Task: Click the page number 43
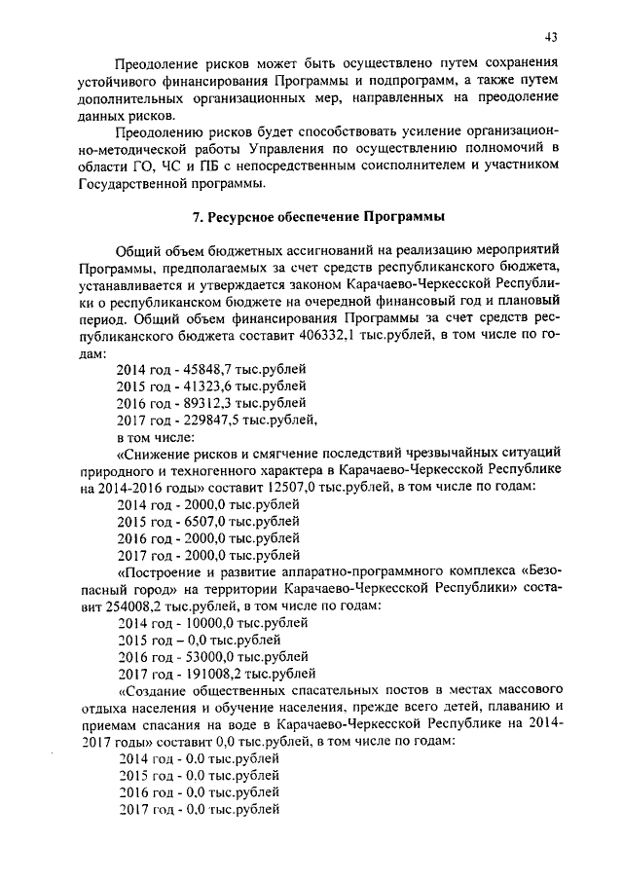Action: (x=552, y=37)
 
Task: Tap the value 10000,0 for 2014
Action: (x=204, y=623)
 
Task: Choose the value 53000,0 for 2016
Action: (x=204, y=656)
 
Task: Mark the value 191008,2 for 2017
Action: (x=207, y=673)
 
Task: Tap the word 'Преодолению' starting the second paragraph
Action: (x=158, y=131)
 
